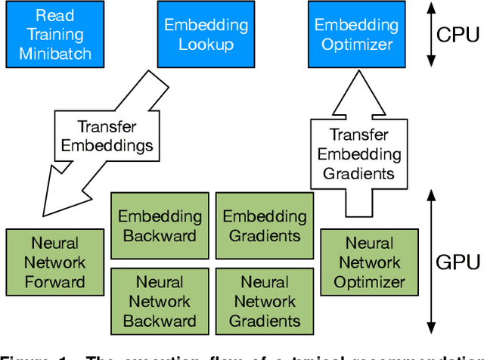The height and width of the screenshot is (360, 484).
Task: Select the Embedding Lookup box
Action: (196, 34)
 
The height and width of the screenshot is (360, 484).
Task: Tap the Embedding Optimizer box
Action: (354, 34)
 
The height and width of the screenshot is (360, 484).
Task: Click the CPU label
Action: (458, 34)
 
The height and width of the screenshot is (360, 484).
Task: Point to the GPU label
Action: (458, 262)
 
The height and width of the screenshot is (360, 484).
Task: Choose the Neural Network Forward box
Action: (54, 263)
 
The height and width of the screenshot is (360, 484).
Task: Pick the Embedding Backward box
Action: (160, 225)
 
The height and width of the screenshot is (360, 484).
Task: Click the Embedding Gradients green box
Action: (264, 225)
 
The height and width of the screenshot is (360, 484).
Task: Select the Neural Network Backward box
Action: (160, 301)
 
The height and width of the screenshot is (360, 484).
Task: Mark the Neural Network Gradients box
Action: (264, 301)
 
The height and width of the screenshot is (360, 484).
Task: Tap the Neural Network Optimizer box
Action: (368, 263)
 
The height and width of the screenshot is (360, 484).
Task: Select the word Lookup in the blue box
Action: (196, 45)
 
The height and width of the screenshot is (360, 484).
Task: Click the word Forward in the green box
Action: (54, 283)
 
